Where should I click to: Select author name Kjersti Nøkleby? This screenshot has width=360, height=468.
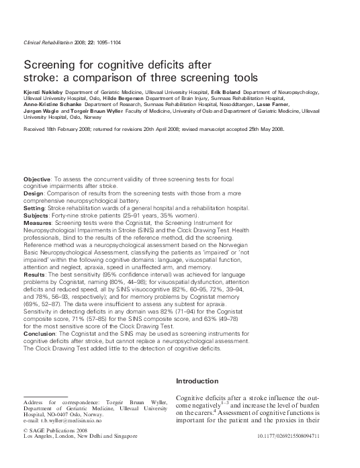pyautogui.click(x=44, y=90)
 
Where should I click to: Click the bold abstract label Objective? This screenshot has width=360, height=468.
pyautogui.click(x=37, y=180)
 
